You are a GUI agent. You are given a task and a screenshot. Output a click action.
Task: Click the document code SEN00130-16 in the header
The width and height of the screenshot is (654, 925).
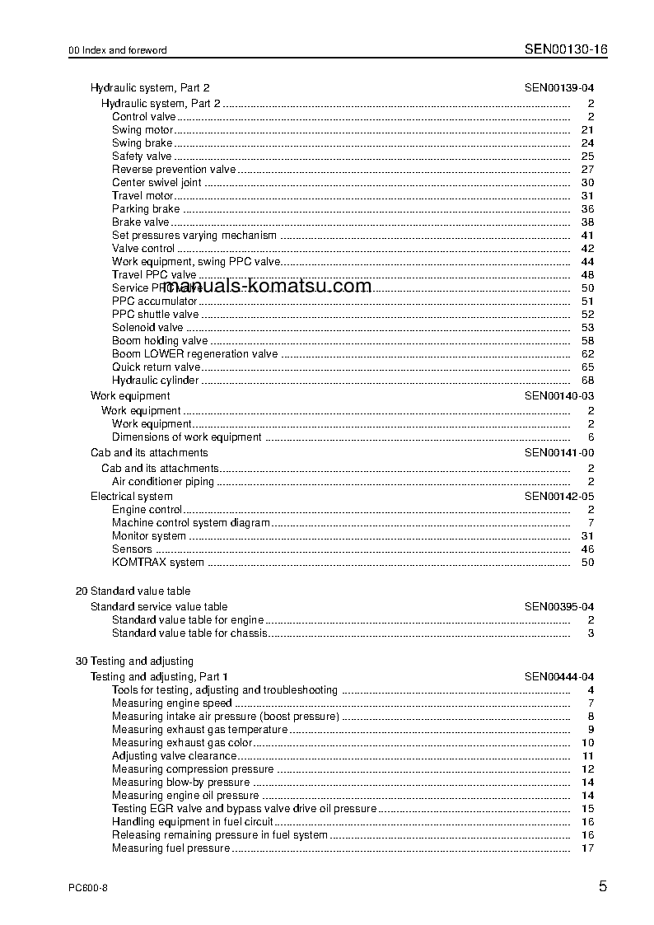coord(566,49)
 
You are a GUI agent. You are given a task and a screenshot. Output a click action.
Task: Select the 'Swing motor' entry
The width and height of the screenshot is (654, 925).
coord(142,130)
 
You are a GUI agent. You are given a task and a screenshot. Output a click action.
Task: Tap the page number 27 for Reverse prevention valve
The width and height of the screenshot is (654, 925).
coord(587,170)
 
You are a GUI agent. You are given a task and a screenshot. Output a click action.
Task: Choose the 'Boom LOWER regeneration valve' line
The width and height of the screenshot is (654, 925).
coord(195,354)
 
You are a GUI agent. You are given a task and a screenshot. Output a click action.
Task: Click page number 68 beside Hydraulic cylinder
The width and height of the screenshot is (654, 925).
coord(587,381)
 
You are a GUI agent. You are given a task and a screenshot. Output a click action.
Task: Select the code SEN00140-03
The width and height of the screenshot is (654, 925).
coord(559,396)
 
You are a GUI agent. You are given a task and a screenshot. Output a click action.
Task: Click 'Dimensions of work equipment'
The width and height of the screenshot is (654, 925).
coord(187,437)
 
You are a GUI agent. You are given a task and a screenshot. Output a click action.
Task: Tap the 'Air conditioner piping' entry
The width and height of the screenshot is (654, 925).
coord(163,482)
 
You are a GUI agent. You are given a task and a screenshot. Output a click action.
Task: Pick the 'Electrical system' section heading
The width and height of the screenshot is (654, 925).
coord(132,497)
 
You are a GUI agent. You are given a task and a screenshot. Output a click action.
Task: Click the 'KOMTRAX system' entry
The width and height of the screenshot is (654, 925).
coord(158,563)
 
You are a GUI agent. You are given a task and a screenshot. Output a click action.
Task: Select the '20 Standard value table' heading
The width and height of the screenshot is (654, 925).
coord(133,591)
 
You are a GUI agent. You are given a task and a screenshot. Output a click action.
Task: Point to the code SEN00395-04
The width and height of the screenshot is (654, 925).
coord(559,607)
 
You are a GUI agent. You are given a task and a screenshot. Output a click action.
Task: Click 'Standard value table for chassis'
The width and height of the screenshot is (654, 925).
coord(190,633)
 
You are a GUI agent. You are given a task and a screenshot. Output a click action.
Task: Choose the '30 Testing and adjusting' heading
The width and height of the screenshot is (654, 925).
coord(134,661)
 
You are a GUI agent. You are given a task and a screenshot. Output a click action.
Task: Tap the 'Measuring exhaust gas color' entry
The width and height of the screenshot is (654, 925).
coord(182,743)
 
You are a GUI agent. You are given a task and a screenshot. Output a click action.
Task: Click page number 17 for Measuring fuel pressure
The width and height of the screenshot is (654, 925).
coord(587,848)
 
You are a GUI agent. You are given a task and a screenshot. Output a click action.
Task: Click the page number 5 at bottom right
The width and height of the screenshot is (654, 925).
coord(603,888)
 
